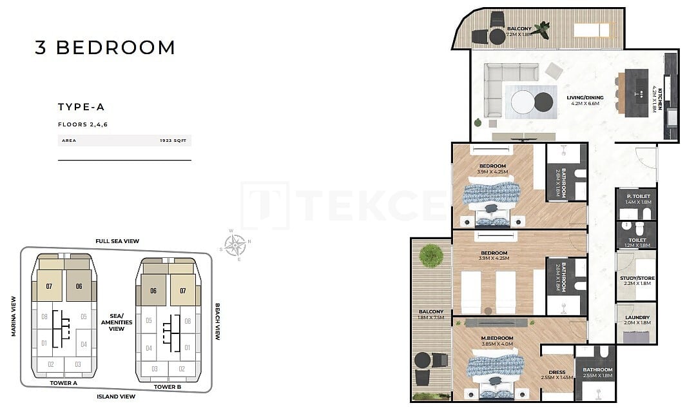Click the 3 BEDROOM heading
[105, 48]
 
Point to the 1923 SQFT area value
[174, 140]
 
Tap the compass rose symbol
[236, 244]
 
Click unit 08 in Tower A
[44, 317]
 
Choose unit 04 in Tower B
[149, 348]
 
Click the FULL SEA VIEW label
[117, 241]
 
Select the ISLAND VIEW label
[115, 396]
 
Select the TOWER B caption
[168, 387]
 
